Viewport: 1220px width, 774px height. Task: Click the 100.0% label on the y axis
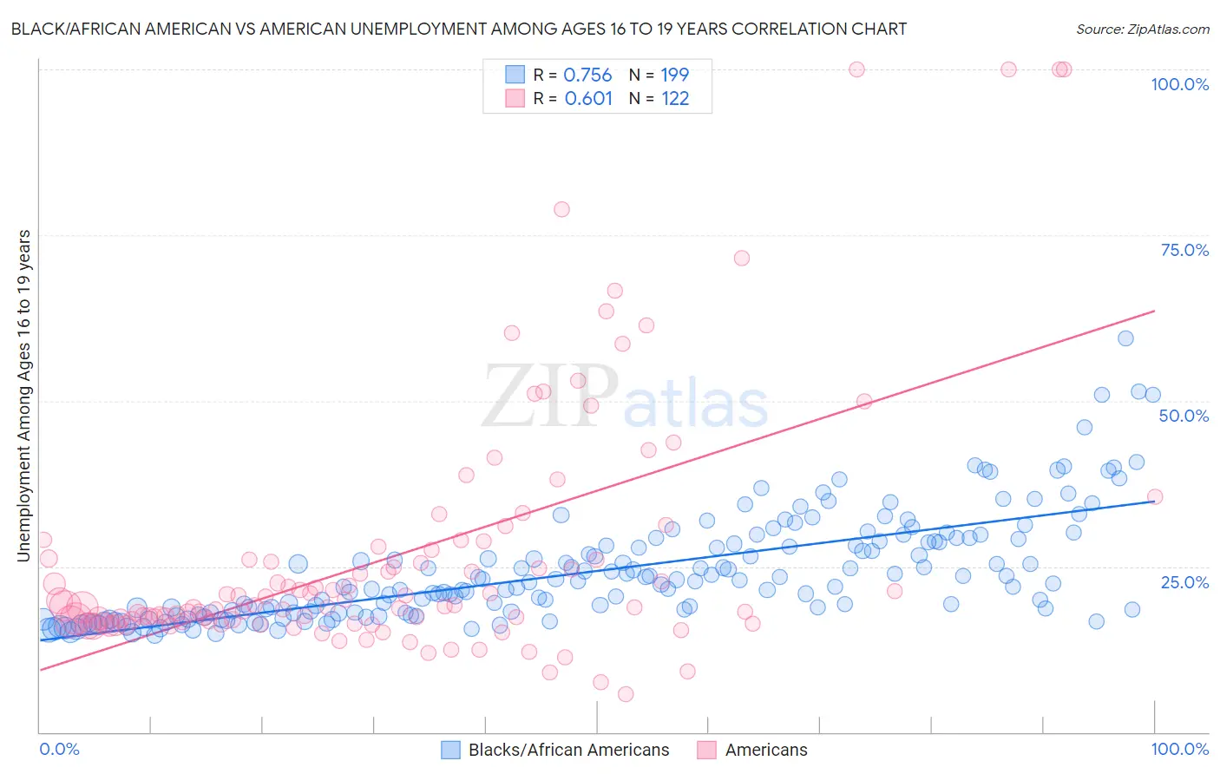[1179, 84]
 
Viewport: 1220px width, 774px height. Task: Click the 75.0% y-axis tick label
[1184, 250]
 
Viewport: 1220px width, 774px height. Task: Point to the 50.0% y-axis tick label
[1184, 416]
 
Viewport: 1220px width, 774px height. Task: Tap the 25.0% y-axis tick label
[1184, 581]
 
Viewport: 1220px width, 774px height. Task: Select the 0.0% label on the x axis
[59, 749]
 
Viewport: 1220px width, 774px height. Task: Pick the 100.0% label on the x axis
[1179, 749]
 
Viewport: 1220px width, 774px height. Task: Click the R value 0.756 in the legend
[587, 75]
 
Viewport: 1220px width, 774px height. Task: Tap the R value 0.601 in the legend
[588, 99]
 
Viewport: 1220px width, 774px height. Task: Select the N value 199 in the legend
[675, 75]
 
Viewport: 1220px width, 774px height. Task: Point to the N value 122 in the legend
[675, 99]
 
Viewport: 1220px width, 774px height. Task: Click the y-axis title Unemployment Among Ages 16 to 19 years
[24, 396]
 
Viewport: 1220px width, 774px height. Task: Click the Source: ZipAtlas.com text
[1142, 29]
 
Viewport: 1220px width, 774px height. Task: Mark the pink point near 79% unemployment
[561, 209]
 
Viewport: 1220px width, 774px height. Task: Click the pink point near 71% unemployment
[741, 258]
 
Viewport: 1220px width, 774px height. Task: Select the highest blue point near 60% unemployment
[1125, 338]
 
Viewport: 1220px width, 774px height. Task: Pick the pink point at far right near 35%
[1155, 496]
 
